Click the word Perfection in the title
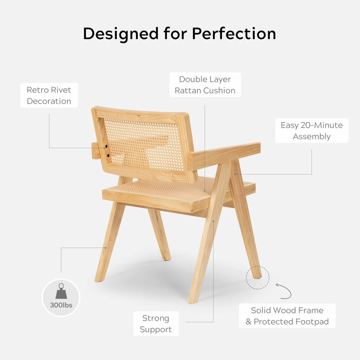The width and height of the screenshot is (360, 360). click(234, 34)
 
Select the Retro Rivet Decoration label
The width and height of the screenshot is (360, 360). click(49, 95)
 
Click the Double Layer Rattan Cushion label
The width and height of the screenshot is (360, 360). click(205, 85)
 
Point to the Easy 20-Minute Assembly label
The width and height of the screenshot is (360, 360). click(312, 131)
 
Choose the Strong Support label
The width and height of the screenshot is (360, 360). click(156, 323)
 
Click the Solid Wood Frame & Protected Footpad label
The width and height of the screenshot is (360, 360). click(287, 316)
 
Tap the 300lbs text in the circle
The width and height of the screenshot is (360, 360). click(61, 305)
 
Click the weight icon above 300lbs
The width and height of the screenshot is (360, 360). click(61, 291)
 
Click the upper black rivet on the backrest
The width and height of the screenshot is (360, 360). click(106, 146)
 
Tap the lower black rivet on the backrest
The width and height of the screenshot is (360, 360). click(108, 156)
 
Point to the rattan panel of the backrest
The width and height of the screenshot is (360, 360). click(143, 145)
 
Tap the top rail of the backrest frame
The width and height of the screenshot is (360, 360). click(140, 114)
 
